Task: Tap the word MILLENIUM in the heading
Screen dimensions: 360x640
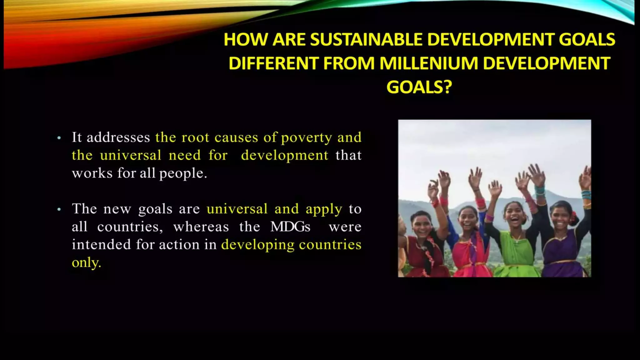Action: click(x=428, y=63)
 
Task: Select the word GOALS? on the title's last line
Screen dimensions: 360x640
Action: click(x=419, y=87)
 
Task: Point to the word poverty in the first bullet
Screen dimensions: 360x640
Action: click(x=306, y=138)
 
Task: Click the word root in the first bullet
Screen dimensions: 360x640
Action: click(x=195, y=137)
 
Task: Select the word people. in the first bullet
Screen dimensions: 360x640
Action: click(x=183, y=173)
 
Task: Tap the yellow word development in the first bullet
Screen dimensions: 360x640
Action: click(x=285, y=155)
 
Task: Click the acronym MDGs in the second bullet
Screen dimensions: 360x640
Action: click(x=290, y=227)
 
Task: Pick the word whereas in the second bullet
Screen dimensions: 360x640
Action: click(x=201, y=227)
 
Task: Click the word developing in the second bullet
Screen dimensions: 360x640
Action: click(x=257, y=245)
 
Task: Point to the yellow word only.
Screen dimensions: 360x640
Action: click(x=86, y=263)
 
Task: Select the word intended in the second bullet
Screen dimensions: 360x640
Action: click(x=101, y=245)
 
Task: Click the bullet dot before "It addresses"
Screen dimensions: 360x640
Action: click(x=59, y=138)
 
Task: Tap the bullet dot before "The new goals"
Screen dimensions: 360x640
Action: click(x=59, y=209)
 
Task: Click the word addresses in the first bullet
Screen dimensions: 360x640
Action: click(x=118, y=137)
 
